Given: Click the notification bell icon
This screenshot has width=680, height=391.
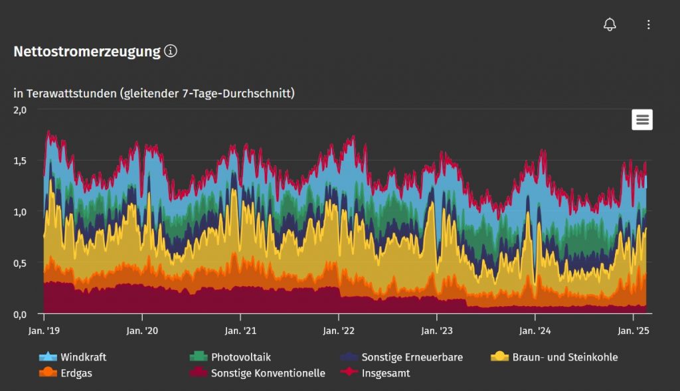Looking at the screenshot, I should tap(610, 25).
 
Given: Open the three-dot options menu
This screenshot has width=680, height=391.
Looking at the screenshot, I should tap(649, 25).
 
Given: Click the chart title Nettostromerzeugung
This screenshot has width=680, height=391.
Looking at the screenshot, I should tap(87, 52).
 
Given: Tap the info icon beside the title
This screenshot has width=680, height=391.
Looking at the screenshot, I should tap(171, 51).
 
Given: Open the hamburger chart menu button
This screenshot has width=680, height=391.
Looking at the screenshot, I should tap(642, 119).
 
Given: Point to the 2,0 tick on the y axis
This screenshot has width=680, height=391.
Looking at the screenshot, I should tap(20, 110).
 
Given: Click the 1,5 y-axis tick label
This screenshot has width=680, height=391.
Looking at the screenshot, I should tap(20, 161).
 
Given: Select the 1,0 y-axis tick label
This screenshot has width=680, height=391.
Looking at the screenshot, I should tap(20, 212).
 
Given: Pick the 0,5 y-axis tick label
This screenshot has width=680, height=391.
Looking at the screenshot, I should tap(20, 263).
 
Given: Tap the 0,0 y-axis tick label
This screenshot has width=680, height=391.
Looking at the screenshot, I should tap(20, 313).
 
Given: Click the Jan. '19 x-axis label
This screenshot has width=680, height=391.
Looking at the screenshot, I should tap(44, 331).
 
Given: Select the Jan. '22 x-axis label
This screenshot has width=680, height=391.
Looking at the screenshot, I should tap(339, 331).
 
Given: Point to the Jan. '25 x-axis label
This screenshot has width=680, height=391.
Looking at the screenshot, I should tap(634, 331).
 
